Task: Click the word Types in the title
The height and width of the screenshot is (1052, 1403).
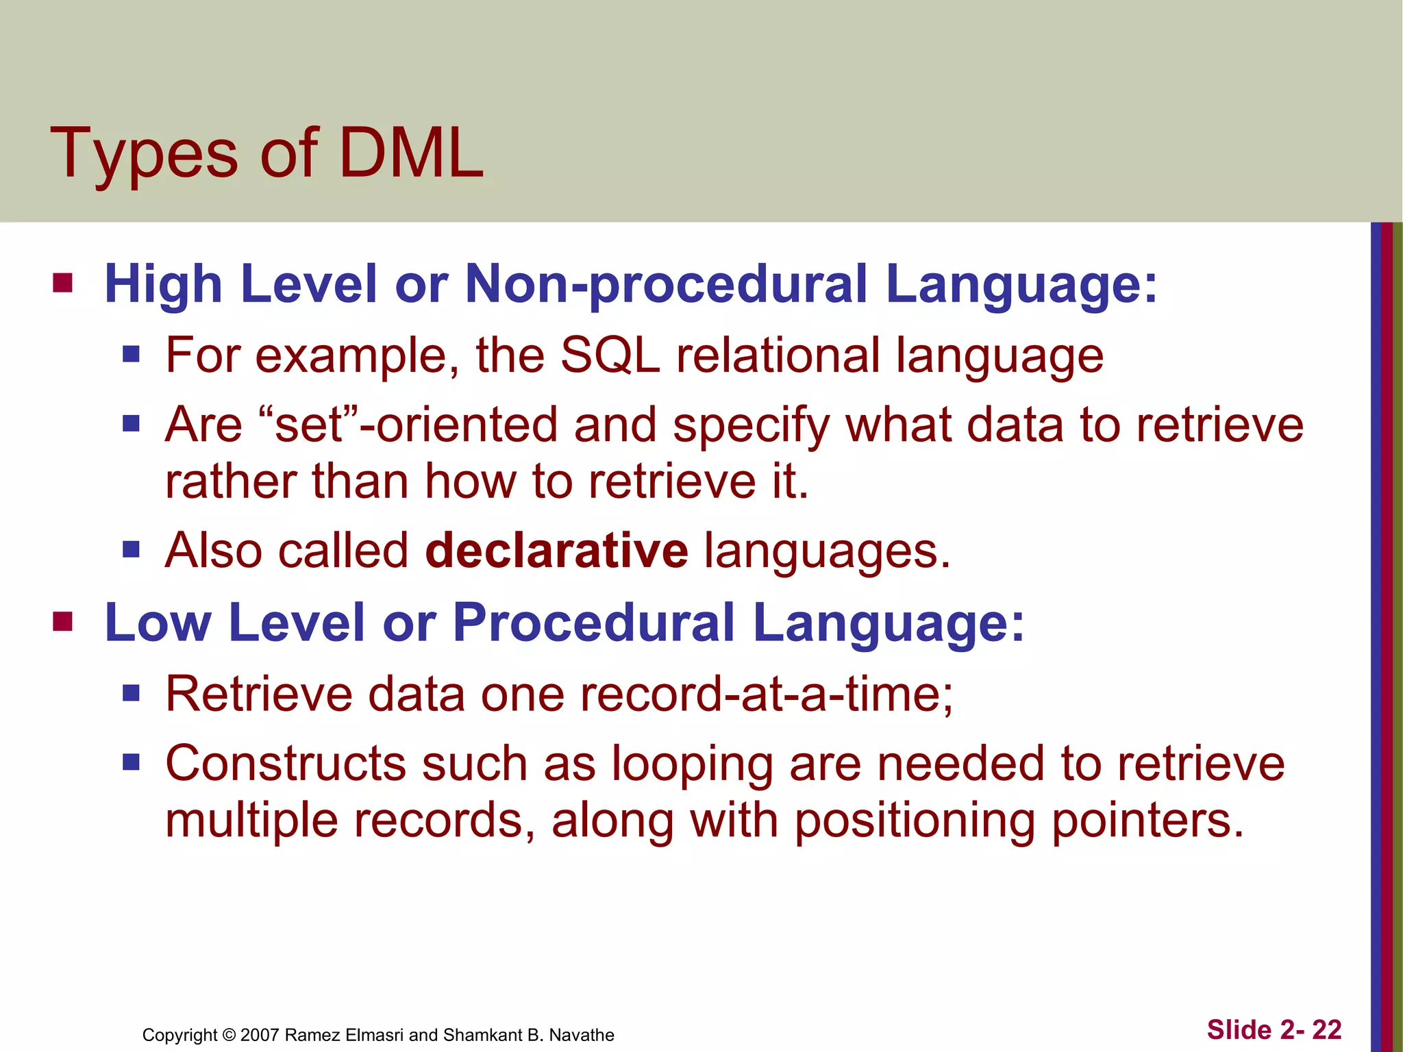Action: click(144, 155)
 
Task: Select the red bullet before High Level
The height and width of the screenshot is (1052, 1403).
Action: click(62, 283)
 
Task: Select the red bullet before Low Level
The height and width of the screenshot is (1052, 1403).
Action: click(62, 621)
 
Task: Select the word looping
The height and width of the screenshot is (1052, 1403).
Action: click(692, 764)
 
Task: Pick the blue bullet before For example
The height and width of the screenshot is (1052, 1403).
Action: click(131, 355)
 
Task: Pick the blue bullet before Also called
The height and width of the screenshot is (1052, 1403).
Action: click(131, 549)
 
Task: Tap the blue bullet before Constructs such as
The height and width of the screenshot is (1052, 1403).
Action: click(131, 762)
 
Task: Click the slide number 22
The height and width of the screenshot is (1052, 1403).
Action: click(1326, 1029)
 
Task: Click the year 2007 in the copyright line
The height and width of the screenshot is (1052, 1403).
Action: click(260, 1035)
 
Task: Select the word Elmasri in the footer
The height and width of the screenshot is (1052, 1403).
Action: click(374, 1035)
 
